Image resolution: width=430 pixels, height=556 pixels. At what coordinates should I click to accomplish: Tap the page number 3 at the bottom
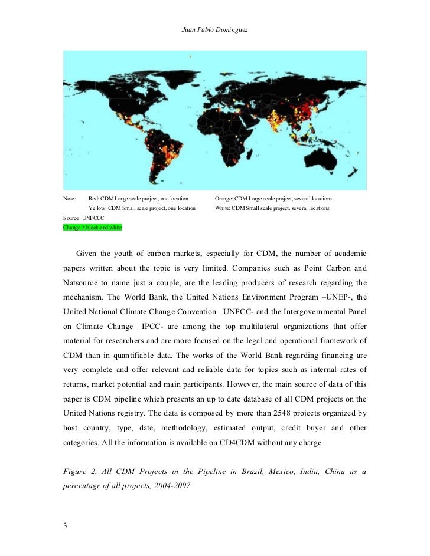[x=66, y=526]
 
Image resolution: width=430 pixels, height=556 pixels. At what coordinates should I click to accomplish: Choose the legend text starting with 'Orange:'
[x=273, y=199]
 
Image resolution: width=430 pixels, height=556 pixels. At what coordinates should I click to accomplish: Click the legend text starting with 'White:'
[x=272, y=208]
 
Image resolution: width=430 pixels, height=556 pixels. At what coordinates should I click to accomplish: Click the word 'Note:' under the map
[x=70, y=199]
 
